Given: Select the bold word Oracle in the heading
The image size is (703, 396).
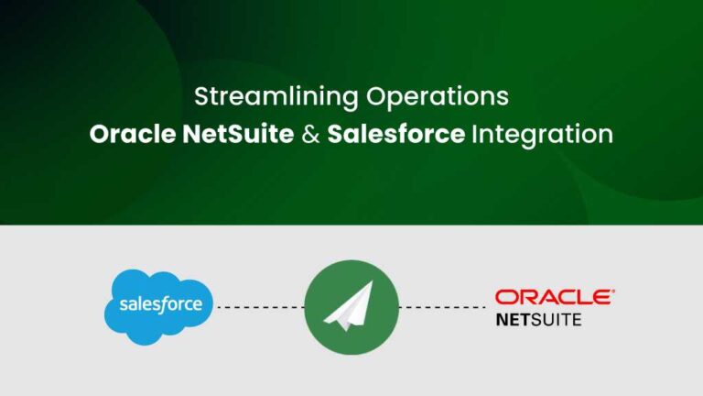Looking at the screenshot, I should click(132, 135).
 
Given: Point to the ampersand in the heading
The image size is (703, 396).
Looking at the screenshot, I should click(310, 135).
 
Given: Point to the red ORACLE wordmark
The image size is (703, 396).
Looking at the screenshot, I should click(553, 297).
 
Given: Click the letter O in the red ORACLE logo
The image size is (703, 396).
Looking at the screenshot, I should click(505, 297).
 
